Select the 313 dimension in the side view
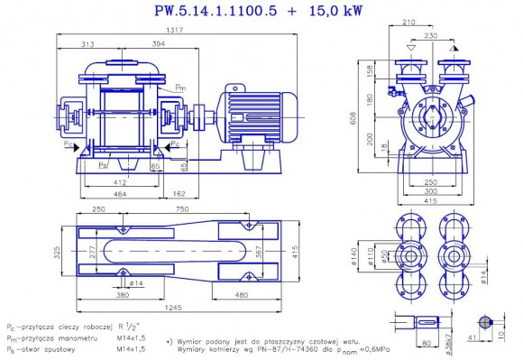[88, 43]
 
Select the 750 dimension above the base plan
[208, 208]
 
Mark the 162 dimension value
[179, 192]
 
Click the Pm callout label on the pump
[180, 87]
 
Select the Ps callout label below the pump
[105, 166]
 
